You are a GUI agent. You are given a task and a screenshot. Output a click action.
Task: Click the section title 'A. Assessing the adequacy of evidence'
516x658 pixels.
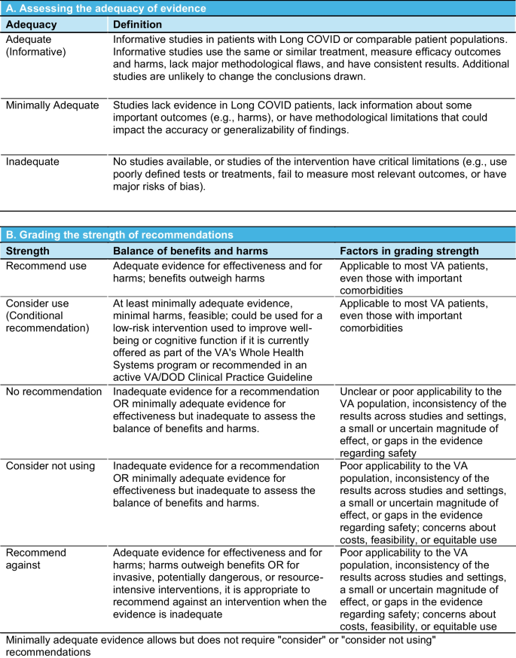(105, 8)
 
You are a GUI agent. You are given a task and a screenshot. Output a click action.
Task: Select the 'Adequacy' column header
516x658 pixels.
(31, 24)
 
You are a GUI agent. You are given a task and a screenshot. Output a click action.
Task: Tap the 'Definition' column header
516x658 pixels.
(137, 24)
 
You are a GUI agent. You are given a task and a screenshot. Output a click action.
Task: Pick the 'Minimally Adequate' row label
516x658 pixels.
(52, 105)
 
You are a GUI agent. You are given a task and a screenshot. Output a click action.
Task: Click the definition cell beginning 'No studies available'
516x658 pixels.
(309, 174)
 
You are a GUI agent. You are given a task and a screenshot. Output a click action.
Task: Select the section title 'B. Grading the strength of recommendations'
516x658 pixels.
(120, 235)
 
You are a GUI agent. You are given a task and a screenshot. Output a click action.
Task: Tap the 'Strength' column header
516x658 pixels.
(28, 251)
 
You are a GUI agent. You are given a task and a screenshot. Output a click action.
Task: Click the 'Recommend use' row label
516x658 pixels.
(46, 266)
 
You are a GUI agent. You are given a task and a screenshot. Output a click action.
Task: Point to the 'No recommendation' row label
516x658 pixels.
(53, 391)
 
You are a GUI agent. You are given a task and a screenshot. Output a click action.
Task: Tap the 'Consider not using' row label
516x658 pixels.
(51, 466)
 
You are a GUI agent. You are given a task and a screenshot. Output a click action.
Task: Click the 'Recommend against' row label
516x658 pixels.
(36, 559)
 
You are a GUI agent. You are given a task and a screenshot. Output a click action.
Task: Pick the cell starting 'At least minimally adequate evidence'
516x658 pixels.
(219, 340)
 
